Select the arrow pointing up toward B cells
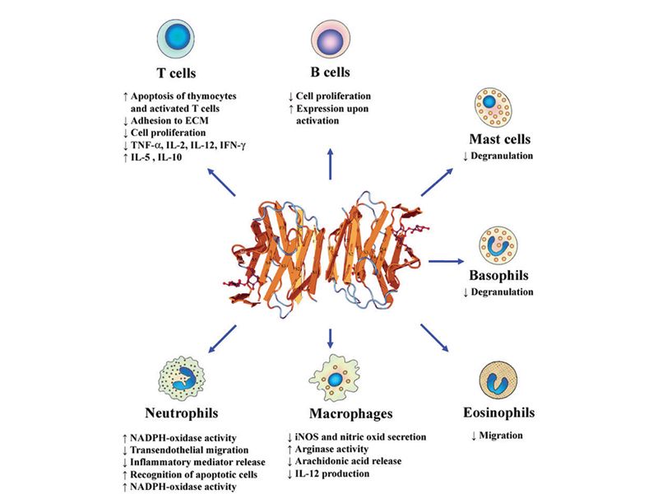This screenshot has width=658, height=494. pos(330,165)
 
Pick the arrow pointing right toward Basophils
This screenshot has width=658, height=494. pos(449,260)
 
